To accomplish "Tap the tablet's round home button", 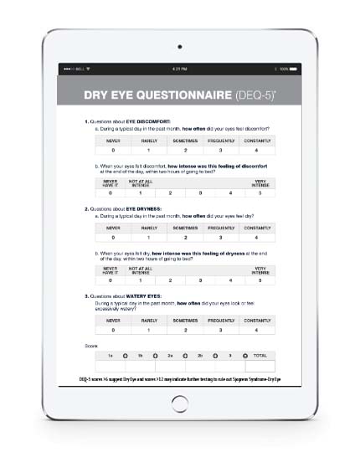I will pos(179,403).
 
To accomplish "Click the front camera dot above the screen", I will pos(179,47).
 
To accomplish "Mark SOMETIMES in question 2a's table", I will pos(186,227).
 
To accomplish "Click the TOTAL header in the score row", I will pos(260,356).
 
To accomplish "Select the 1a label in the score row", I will pos(110,356).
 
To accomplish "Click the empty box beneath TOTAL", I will pos(260,367).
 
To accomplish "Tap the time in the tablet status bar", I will pos(179,68).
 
